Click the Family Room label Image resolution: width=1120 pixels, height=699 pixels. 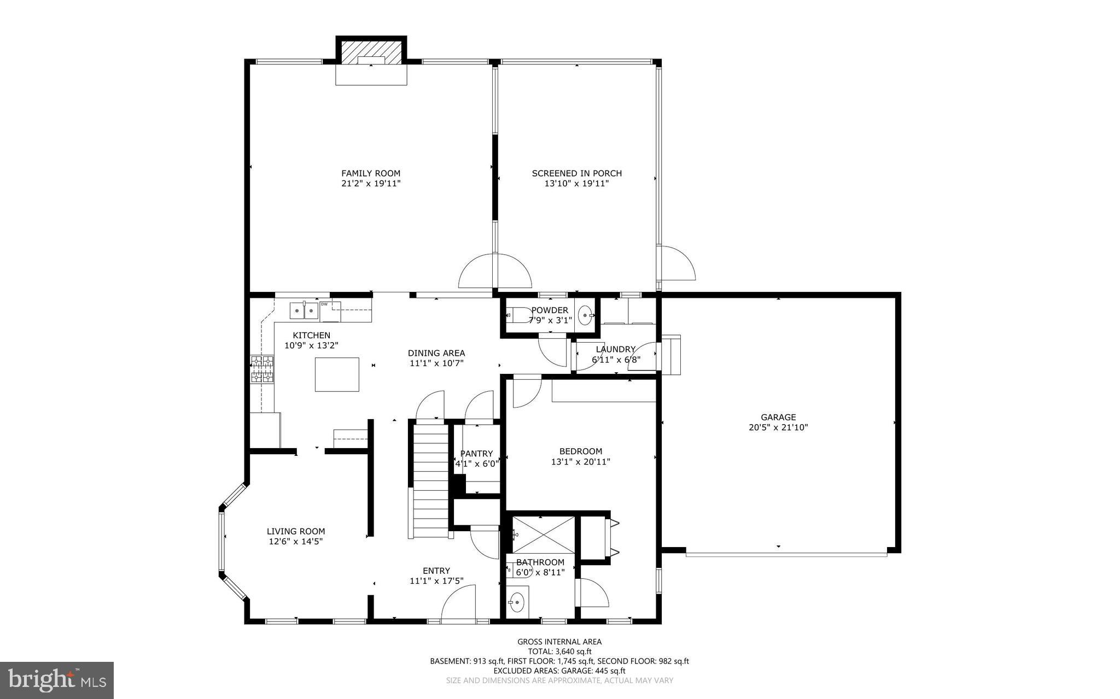pos(371,173)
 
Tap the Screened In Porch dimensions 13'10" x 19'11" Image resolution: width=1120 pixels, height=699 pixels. pos(576,184)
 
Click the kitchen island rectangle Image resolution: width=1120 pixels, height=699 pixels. pos(337,374)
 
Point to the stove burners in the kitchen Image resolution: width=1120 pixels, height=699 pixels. pos(262,369)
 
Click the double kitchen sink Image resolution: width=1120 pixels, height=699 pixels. pos(304,310)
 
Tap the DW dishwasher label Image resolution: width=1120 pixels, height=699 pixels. pos(324,304)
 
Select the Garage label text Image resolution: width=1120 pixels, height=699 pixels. pos(778,418)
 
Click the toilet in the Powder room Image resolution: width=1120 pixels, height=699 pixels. pos(511,315)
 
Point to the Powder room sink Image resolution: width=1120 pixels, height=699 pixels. pos(586,315)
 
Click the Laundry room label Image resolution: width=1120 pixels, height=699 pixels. pos(615,349)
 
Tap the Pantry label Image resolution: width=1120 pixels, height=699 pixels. pos(476,454)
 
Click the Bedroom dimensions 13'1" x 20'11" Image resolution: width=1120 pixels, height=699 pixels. pos(580,462)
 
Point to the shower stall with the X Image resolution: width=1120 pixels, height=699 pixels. pos(543,534)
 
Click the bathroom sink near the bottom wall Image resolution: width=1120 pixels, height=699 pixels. pos(516,603)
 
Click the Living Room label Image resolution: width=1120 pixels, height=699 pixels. pos(296,531)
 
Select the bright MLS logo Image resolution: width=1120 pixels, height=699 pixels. pos(57,680)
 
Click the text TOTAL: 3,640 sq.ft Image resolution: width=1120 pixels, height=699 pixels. pos(559,651)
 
